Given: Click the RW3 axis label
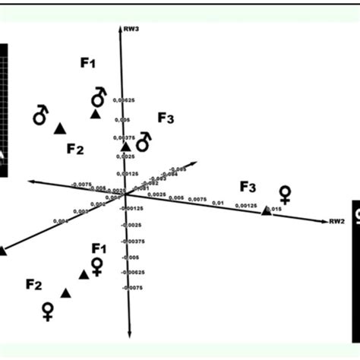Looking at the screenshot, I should [133, 28].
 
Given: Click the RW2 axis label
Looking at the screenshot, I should [336, 222].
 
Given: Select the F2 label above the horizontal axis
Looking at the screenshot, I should [74, 148].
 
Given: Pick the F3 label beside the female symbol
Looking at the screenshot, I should [248, 187].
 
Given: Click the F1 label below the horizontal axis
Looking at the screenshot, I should [99, 248].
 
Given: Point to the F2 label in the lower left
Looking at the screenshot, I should [33, 285].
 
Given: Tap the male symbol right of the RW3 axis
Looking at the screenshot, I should [144, 141].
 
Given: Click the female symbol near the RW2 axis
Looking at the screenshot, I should [285, 193].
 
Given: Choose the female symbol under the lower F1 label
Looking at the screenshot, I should [97, 266].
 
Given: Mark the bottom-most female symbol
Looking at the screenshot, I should [48, 311].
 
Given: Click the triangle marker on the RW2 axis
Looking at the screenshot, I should [266, 210].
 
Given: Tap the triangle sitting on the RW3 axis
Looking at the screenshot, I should [126, 146].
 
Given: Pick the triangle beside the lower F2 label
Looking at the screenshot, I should [66, 292].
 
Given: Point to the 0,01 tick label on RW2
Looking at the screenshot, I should [218, 203].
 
